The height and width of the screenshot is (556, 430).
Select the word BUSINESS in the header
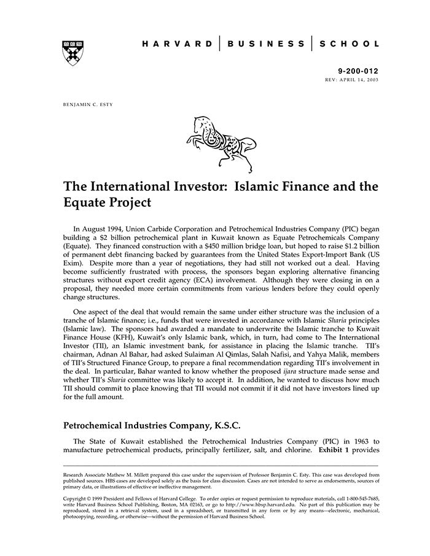[x=265, y=44]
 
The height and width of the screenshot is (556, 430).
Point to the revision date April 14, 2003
[x=361, y=80]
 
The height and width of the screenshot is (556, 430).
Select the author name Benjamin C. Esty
[x=88, y=104]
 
